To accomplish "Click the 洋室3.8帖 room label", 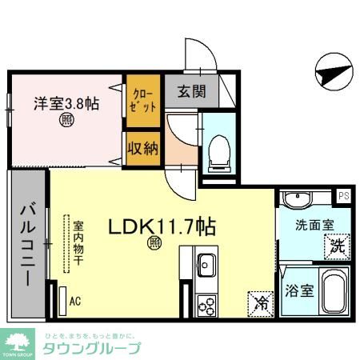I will tap(66, 103).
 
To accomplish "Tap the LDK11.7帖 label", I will tap(162, 227).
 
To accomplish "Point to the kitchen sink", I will tap(206, 264).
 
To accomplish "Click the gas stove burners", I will tap(206, 306).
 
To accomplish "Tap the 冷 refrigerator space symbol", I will tap(260, 302).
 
